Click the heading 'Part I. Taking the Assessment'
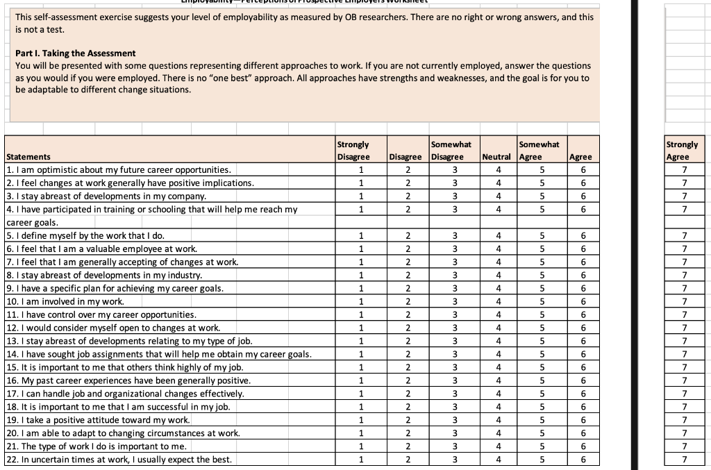click(76, 53)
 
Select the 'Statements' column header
click(28, 157)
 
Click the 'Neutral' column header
click(496, 157)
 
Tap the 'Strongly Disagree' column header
click(353, 151)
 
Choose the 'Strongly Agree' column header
click(682, 151)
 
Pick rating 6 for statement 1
click(583, 170)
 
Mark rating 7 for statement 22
click(685, 460)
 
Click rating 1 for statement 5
click(361, 235)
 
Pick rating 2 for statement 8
click(408, 275)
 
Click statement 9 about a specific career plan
click(115, 288)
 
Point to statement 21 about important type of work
click(97, 446)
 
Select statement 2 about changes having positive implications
click(130, 183)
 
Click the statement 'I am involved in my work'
click(65, 301)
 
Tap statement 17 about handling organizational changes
click(125, 394)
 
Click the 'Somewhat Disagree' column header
click(451, 151)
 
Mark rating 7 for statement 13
click(685, 341)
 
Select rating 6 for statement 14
click(583, 354)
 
